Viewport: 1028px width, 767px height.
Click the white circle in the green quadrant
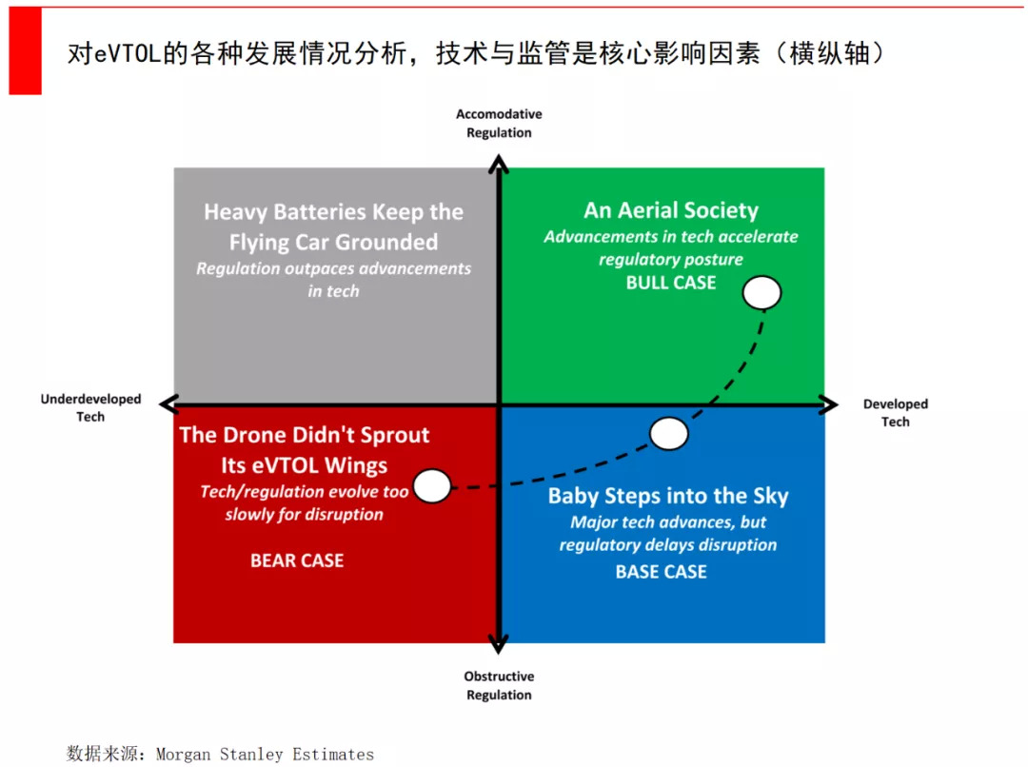tap(761, 292)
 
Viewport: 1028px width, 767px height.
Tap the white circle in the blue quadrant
tap(669, 433)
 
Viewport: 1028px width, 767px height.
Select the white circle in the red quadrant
tap(432, 485)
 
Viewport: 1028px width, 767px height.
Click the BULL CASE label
tap(671, 283)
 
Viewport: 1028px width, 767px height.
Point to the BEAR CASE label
tap(297, 560)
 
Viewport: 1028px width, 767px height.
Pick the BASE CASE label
tap(661, 572)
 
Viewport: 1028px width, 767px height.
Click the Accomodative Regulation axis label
tap(499, 124)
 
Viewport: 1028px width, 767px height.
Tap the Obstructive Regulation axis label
tap(499, 685)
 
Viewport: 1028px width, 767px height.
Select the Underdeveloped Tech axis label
tap(90, 407)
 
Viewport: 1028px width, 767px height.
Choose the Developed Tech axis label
tap(895, 412)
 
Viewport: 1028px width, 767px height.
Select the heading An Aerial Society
tap(671, 209)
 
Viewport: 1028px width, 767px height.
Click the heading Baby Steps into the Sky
tap(668, 496)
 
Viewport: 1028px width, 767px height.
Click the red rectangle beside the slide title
tap(26, 51)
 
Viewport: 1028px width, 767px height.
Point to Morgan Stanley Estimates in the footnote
tap(265, 755)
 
